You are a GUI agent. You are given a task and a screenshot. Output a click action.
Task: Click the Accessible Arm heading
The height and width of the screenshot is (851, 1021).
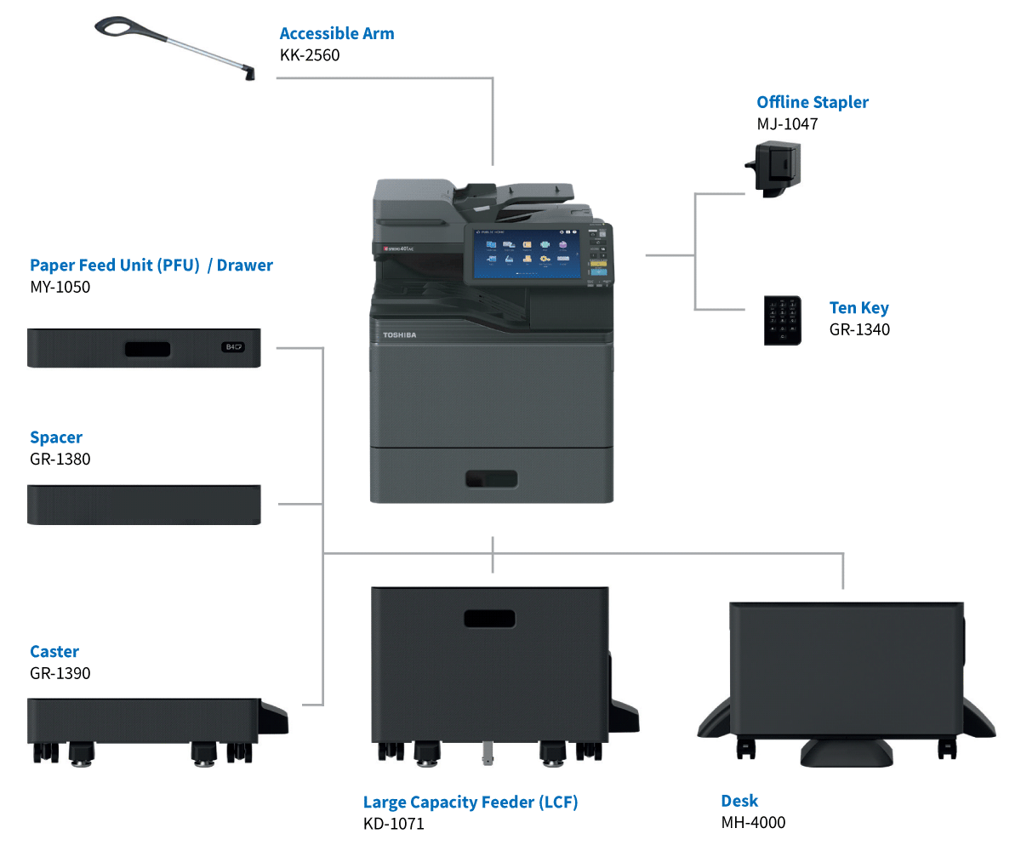point(337,34)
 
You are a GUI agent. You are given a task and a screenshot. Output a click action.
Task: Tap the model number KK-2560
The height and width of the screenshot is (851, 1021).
point(311,55)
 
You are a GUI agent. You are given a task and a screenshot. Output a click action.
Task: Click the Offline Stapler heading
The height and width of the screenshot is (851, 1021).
point(813,102)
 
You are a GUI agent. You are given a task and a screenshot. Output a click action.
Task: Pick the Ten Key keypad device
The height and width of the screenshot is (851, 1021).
point(782,320)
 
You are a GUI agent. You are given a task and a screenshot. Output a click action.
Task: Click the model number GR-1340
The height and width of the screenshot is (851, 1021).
point(859,329)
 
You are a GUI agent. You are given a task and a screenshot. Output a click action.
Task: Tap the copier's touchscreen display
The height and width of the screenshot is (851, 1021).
point(523,253)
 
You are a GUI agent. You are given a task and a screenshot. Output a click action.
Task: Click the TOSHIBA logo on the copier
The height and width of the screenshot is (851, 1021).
point(399,335)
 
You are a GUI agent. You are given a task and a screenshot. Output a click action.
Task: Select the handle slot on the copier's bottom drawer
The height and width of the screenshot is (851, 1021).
point(491,478)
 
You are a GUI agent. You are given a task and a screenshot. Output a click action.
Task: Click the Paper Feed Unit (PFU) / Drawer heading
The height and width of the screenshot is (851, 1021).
point(151,265)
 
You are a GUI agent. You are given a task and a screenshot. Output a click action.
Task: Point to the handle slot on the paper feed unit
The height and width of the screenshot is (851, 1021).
point(147,349)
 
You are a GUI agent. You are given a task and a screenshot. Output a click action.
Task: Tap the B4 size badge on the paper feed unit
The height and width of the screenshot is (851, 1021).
point(233,347)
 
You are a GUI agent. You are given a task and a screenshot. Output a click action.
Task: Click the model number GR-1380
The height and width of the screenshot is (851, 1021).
point(60,459)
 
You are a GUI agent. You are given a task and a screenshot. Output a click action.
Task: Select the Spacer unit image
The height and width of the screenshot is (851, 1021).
point(144,504)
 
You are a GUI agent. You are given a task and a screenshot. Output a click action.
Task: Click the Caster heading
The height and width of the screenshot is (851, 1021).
point(54,651)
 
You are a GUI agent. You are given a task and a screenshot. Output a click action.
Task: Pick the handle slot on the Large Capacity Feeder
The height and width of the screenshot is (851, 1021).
point(489,619)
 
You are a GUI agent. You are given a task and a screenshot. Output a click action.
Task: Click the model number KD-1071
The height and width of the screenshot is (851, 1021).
point(393,823)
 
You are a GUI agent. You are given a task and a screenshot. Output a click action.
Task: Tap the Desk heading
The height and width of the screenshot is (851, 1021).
point(739,800)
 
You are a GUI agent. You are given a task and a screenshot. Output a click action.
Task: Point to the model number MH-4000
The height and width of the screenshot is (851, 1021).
point(753,822)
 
